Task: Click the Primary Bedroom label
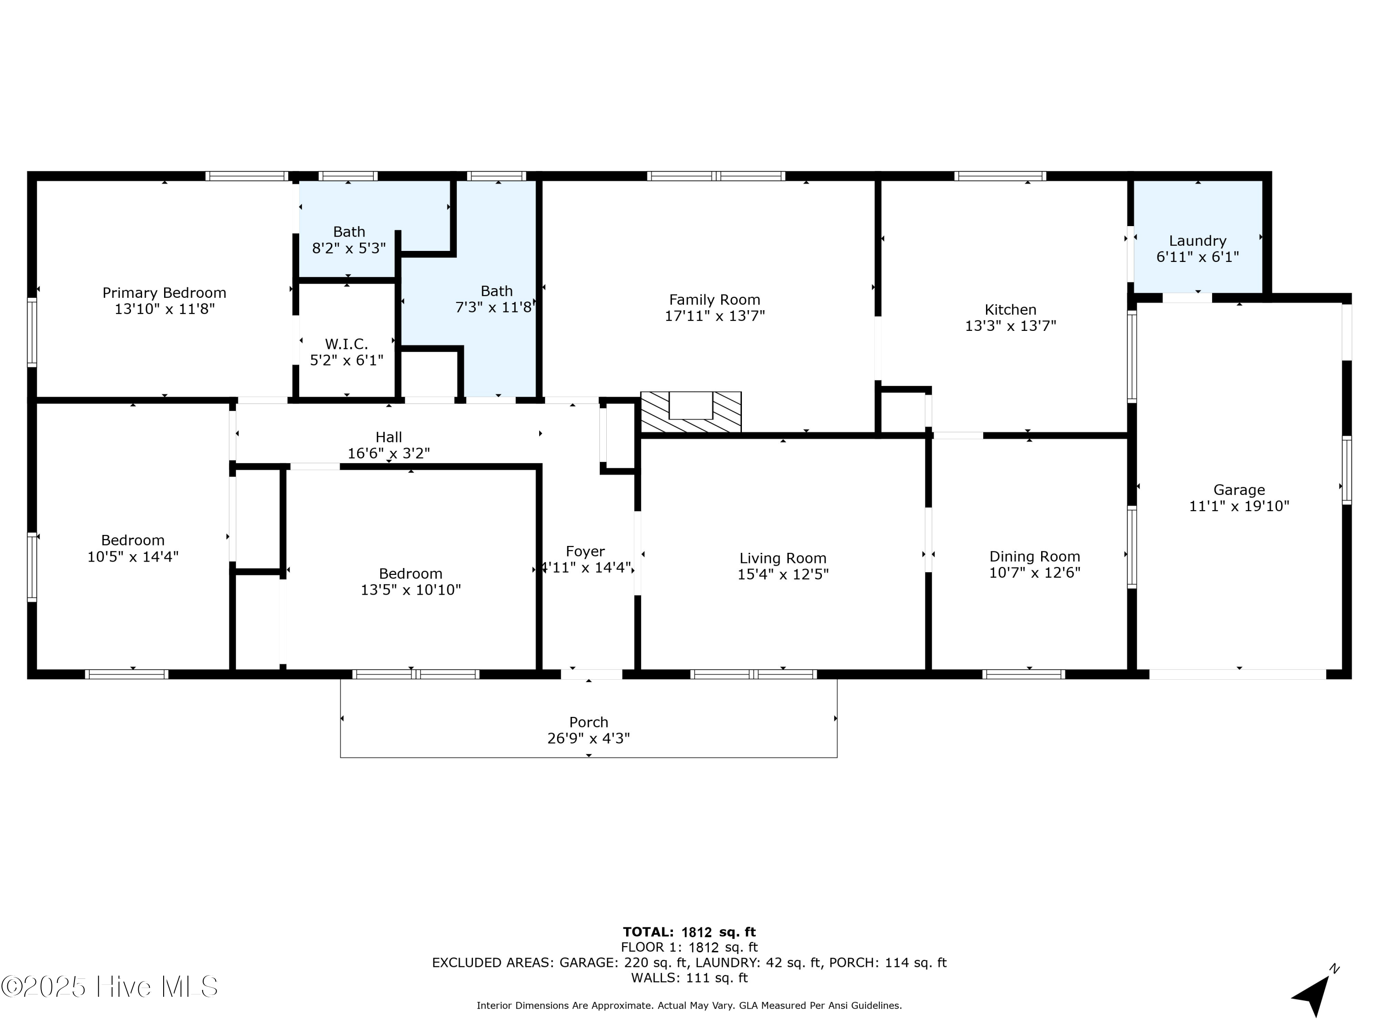(164, 293)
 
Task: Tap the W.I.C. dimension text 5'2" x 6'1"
(347, 360)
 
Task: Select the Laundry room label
(1197, 241)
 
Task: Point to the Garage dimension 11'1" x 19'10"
(1239, 506)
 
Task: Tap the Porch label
(588, 722)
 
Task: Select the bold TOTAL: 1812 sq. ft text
(689, 932)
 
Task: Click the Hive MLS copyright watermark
(110, 987)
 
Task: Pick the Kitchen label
(1010, 310)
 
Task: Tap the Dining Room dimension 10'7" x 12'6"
(1034, 573)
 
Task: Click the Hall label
(388, 437)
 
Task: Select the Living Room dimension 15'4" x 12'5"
(782, 574)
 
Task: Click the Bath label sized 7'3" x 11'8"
(496, 291)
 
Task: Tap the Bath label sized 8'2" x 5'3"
(348, 232)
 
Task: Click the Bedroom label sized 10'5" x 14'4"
(133, 540)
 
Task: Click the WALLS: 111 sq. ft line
(689, 977)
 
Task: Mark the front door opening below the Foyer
(591, 674)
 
